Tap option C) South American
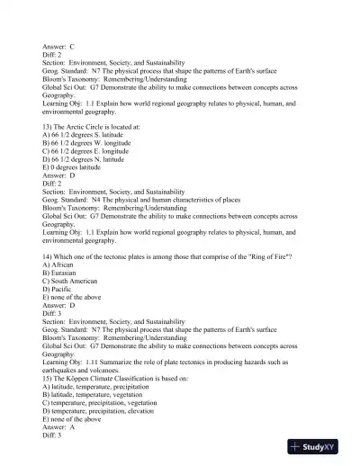[x=76, y=282]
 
